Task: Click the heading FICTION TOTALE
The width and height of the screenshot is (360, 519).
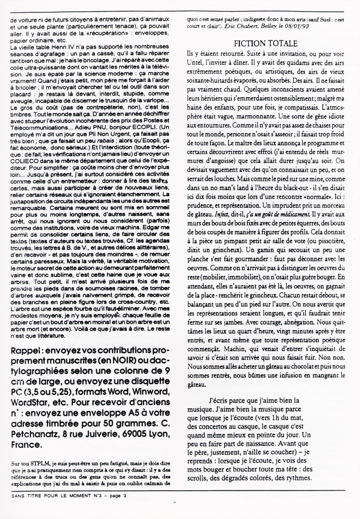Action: [x=265, y=43]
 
